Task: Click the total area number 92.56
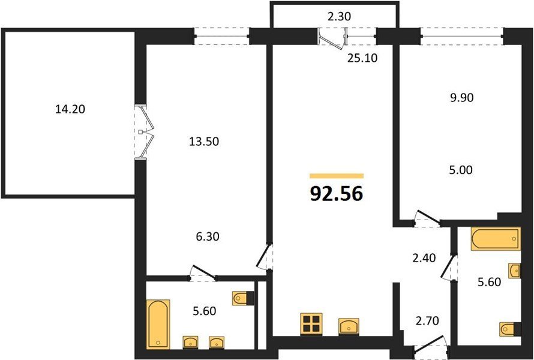pyautogui.click(x=337, y=194)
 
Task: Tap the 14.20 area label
pyautogui.click(x=70, y=109)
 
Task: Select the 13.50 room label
pyautogui.click(x=204, y=142)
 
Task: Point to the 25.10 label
pyautogui.click(x=362, y=59)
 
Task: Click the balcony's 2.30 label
pyautogui.click(x=339, y=16)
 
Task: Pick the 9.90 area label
pyautogui.click(x=461, y=98)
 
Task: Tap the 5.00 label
pyautogui.click(x=461, y=170)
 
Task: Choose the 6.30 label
pyautogui.click(x=208, y=236)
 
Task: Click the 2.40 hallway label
pyautogui.click(x=424, y=258)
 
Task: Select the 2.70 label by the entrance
pyautogui.click(x=427, y=320)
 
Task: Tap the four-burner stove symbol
pyautogui.click(x=311, y=323)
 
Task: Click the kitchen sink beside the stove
pyautogui.click(x=349, y=326)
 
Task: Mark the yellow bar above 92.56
pyautogui.click(x=337, y=176)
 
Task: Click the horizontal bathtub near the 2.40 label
pyautogui.click(x=496, y=239)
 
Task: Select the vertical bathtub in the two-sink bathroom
pyautogui.click(x=158, y=324)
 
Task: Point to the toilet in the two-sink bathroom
pyautogui.click(x=243, y=298)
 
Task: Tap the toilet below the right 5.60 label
pyautogui.click(x=510, y=329)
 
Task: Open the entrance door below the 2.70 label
pyautogui.click(x=430, y=344)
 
